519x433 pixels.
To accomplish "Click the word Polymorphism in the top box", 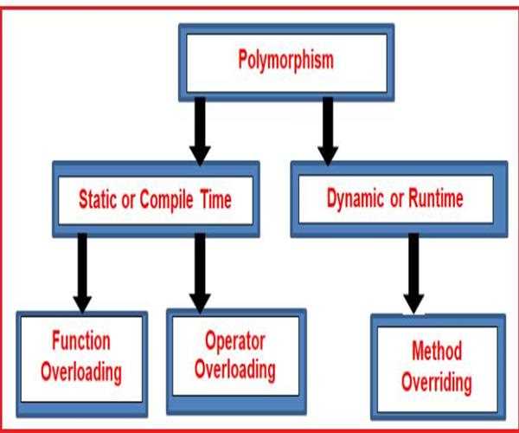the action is [286, 61].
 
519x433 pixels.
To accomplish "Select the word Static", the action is [98, 199].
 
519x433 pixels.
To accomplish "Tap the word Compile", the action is [166, 201].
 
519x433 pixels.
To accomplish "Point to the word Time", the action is [216, 200].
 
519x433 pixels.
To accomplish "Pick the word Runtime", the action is [436, 198].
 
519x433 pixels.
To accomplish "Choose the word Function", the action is [81, 340].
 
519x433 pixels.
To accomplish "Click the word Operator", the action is [235, 341].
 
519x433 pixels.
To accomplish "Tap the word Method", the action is [437, 351].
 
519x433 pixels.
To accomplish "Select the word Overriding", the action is [437, 383].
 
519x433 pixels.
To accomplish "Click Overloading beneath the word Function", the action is [81, 372].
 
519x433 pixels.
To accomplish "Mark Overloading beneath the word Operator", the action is [235, 371].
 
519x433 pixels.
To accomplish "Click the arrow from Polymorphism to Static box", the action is [200, 132].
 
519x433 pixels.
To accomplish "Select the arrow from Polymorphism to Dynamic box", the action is [328, 132].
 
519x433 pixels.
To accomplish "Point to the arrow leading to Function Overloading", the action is [82, 273].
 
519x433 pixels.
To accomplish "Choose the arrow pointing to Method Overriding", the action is [413, 274].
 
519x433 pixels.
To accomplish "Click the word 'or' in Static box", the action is [128, 200].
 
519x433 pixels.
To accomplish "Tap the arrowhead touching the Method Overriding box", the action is [413, 303].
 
